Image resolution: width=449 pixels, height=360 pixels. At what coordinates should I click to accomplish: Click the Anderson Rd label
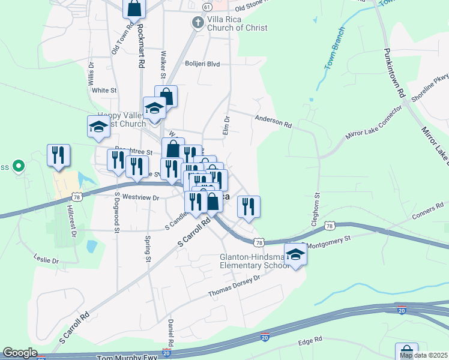pos(273,121)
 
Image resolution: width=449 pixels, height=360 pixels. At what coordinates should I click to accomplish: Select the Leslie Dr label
pos(47,261)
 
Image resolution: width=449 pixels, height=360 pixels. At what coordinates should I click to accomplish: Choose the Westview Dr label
pos(139,197)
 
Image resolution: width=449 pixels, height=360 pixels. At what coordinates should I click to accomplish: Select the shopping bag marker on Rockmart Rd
pos(134,8)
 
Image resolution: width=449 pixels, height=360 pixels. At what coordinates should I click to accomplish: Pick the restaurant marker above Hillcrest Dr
pos(58,155)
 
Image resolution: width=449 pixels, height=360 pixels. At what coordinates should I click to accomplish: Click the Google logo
pos(20,353)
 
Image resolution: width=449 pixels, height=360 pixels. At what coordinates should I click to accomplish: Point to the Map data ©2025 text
pos(424,355)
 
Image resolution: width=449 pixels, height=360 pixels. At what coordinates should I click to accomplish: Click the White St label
pos(104,90)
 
